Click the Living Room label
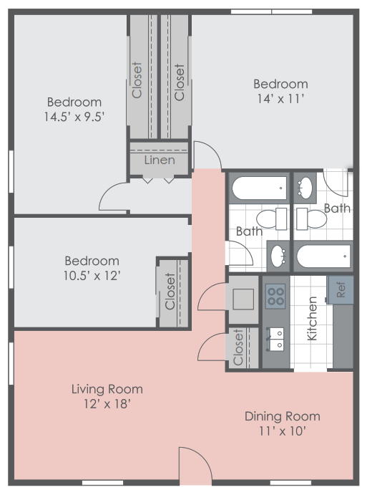point(107,389)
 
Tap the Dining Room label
point(282,416)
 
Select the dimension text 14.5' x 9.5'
point(74,116)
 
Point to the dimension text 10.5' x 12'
point(92,275)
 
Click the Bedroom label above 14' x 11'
point(280,84)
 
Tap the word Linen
point(159,160)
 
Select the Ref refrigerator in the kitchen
point(341,289)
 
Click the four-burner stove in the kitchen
point(275,296)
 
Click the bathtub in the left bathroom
point(259,188)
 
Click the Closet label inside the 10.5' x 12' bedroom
point(170,292)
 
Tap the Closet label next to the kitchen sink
point(239,348)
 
